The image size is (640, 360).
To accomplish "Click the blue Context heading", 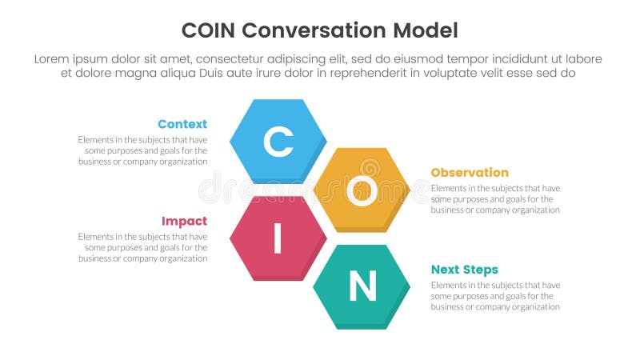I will [x=182, y=124].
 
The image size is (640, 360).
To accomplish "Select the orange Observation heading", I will [x=470, y=172].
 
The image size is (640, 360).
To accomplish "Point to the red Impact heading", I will [x=184, y=221].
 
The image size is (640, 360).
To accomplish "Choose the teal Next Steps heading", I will [x=464, y=270].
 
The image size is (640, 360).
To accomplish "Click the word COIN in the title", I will [x=209, y=30].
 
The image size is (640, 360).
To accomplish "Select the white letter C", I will [x=278, y=142].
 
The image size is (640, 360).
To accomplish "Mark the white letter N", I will [x=362, y=286].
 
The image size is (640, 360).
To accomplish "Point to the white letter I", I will [x=278, y=238].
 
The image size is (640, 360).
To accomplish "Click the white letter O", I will [x=362, y=190].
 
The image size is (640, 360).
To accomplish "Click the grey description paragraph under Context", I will [x=143, y=150].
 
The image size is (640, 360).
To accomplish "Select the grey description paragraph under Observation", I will [x=495, y=199].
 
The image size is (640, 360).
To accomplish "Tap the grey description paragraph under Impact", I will [x=143, y=247].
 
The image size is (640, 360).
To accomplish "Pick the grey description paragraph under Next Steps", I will [x=495, y=296].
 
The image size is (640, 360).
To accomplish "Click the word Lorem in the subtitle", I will [x=54, y=59].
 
